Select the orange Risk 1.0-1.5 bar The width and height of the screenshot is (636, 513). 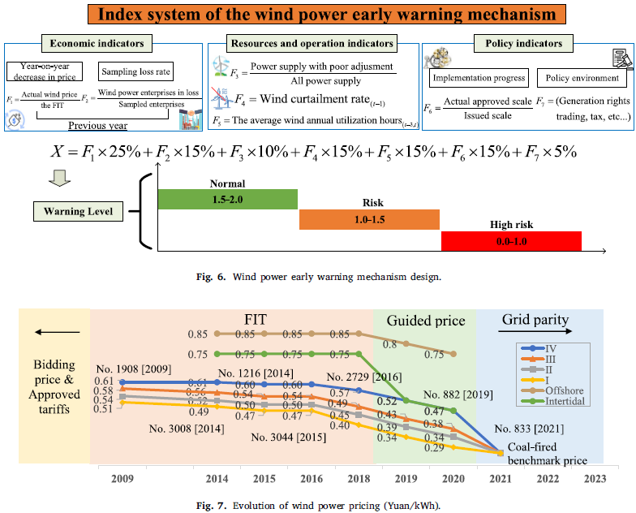click(369, 220)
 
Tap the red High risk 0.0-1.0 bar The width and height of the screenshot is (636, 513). click(511, 241)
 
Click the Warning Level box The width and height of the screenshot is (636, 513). click(79, 213)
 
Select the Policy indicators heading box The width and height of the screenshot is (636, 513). click(528, 44)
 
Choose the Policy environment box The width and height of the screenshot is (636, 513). click(582, 79)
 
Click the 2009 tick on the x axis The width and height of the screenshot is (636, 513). click(122, 479)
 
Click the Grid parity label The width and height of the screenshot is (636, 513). click(535, 320)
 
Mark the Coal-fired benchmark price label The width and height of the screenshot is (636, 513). click(548, 454)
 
